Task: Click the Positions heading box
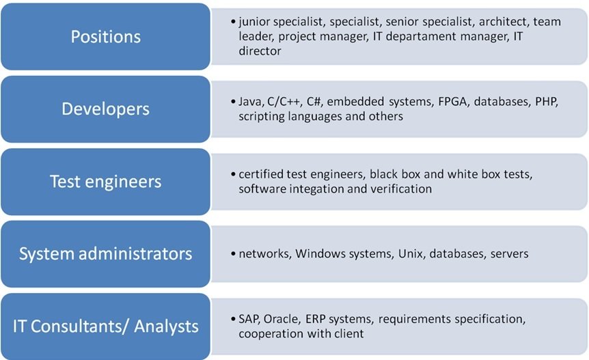click(x=105, y=36)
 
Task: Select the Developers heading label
click(x=105, y=109)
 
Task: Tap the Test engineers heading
click(x=105, y=182)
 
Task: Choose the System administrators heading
click(x=105, y=254)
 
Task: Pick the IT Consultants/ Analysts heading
click(x=105, y=327)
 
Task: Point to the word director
click(x=260, y=51)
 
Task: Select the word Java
click(x=250, y=102)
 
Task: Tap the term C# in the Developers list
click(x=314, y=102)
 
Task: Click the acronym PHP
click(x=547, y=102)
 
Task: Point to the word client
click(x=346, y=334)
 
